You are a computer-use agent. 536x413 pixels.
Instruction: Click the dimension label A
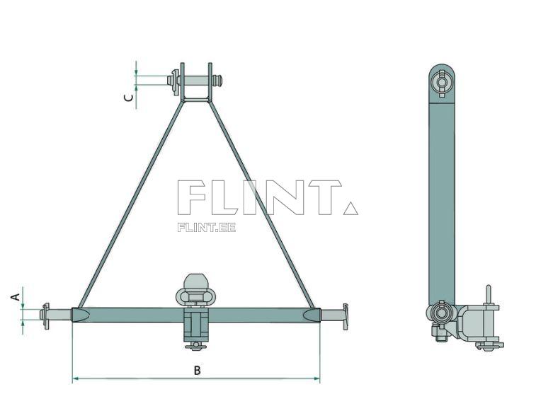click(15, 298)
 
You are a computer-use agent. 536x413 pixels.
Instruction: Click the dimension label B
click(198, 370)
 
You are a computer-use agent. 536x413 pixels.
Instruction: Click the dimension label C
click(128, 98)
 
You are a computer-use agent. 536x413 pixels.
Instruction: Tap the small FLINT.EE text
click(206, 227)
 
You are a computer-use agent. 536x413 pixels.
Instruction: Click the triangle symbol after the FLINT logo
click(350, 208)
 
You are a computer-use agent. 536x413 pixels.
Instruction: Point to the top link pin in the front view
click(195, 81)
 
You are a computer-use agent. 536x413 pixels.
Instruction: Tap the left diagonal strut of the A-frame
click(131, 204)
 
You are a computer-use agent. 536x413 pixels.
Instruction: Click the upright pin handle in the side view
click(487, 295)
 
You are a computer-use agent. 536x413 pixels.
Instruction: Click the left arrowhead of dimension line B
click(75, 379)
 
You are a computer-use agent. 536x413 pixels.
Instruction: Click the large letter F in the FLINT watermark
click(193, 197)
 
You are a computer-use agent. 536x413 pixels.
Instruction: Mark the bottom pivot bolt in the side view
click(441, 313)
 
